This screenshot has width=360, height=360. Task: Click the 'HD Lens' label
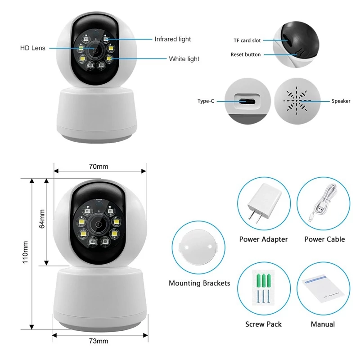point(32,48)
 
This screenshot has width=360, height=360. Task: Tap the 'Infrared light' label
point(173,40)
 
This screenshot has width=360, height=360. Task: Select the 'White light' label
point(184,59)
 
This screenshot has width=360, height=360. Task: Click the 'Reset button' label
point(245,54)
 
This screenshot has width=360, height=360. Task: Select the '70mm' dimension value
point(99,166)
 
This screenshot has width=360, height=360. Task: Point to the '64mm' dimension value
point(42,219)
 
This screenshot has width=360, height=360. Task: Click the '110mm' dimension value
point(26,251)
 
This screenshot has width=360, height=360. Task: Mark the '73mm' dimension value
point(99,341)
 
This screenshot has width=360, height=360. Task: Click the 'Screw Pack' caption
point(263,324)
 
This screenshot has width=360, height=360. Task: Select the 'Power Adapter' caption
point(263,239)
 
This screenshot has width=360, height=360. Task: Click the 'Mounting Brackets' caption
point(199,283)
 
